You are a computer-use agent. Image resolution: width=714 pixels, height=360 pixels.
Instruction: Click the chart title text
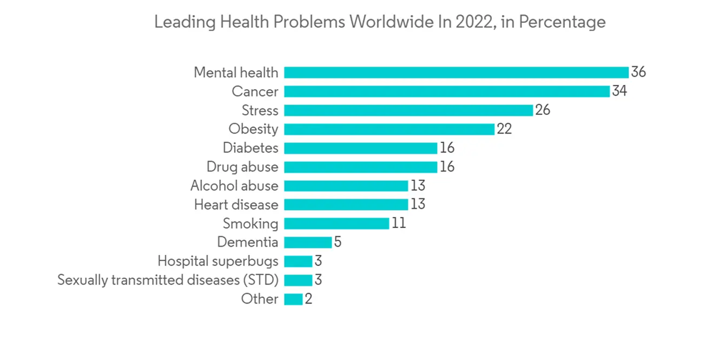379,23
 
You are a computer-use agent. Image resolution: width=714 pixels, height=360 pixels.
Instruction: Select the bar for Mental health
456,72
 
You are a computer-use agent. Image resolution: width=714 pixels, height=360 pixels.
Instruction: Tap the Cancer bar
446,91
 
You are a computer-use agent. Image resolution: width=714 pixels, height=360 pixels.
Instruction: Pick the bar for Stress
408,110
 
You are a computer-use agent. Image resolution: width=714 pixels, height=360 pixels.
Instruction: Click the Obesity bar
388,129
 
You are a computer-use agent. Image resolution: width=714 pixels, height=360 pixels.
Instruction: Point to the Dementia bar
308,242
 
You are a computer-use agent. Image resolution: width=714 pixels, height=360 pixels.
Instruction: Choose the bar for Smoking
336,224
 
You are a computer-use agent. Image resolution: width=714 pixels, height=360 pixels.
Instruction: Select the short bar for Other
293,299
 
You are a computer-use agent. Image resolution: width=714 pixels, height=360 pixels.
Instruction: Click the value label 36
638,72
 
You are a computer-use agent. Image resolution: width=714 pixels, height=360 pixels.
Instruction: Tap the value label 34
619,91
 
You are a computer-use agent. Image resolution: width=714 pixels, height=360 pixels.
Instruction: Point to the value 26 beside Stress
543,110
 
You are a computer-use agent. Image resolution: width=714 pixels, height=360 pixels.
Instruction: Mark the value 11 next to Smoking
398,224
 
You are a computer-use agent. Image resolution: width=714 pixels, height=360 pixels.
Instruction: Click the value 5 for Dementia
338,242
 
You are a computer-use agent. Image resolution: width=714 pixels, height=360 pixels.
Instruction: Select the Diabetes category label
250,148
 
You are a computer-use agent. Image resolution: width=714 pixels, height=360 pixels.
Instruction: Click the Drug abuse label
242,167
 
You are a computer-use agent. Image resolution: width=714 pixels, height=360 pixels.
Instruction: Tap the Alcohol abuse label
234,186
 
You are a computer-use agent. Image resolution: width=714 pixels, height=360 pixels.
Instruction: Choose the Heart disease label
236,205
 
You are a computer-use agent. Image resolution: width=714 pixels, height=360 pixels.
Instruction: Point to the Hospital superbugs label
218,261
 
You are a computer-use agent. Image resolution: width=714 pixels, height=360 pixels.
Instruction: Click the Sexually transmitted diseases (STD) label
168,280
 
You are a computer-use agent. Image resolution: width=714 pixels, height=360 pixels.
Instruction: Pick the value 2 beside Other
308,299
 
